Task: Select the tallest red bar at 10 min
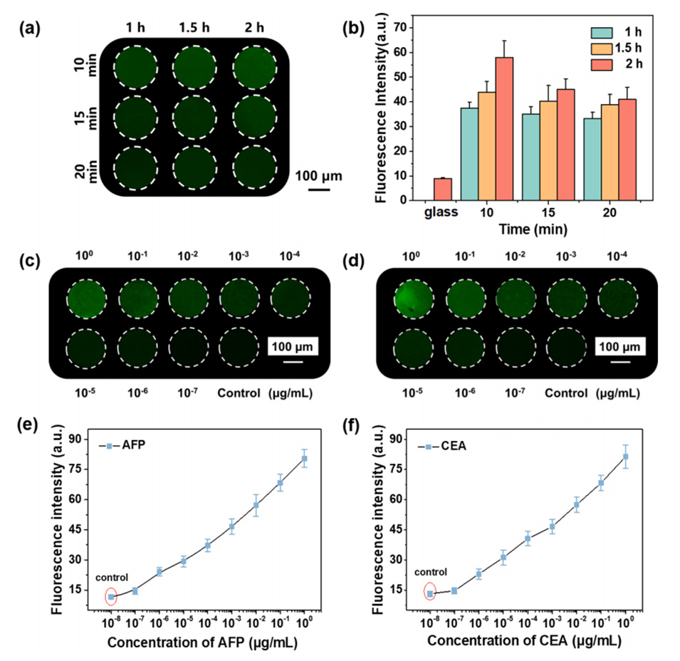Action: [x=505, y=128]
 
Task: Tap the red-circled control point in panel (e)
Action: [x=111, y=597]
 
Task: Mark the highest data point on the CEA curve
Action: [x=626, y=457]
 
